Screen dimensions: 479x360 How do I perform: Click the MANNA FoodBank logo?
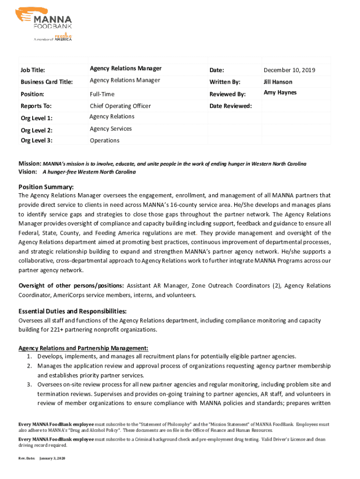(46, 24)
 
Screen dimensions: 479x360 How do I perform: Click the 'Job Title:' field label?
(33, 71)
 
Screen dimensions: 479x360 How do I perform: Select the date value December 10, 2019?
(289, 71)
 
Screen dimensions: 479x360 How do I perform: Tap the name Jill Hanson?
(278, 82)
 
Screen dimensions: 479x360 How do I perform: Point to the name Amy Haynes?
(280, 93)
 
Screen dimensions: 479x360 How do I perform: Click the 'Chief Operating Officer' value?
(120, 106)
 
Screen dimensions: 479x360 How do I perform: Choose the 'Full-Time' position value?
(102, 94)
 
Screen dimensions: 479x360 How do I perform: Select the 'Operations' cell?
(104, 141)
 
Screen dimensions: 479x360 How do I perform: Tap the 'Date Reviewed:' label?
(230, 106)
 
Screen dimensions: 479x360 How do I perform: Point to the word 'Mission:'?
(30, 164)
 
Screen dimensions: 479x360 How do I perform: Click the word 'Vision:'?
(28, 172)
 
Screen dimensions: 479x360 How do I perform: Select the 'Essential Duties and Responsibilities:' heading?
(72, 312)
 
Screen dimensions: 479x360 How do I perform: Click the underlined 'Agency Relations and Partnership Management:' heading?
(83, 348)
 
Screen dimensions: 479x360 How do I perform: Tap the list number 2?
(29, 366)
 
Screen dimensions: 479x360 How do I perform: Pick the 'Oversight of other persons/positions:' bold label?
(71, 286)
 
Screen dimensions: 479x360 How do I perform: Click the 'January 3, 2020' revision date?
(53, 458)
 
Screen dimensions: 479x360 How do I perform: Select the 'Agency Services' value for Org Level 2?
(111, 129)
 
